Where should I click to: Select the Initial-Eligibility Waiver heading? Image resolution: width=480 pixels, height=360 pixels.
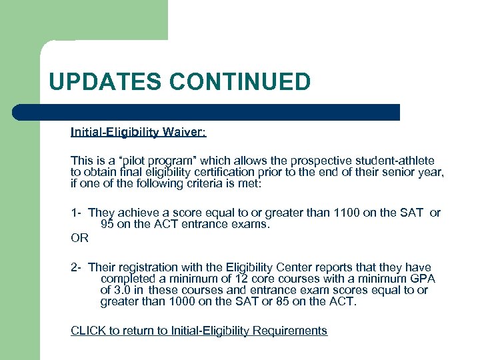139,132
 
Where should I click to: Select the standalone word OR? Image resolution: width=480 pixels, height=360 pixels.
79,237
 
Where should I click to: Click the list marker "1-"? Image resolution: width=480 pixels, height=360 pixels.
76,213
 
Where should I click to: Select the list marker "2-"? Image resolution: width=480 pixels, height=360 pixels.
76,267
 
